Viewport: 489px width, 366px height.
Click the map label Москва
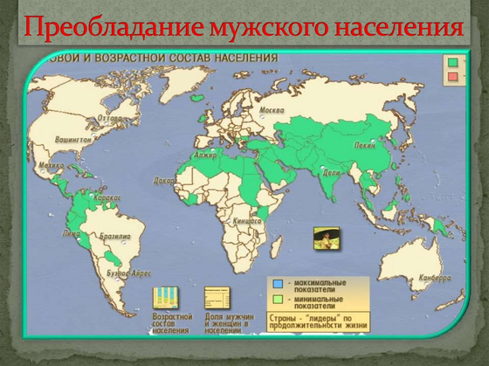(x=272, y=110)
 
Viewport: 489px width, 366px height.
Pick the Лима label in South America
(x=73, y=233)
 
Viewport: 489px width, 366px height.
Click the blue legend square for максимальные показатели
(x=273, y=283)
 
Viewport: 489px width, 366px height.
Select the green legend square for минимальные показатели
(x=273, y=299)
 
